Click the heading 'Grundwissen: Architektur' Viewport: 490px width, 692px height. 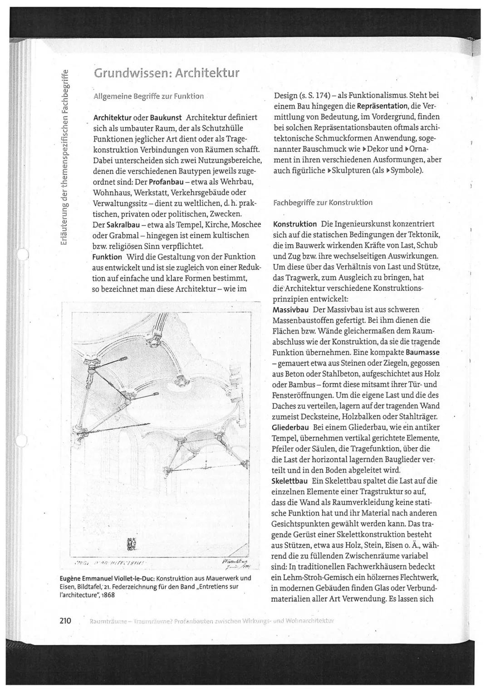(166, 73)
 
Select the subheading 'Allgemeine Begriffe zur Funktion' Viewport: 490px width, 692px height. (148, 96)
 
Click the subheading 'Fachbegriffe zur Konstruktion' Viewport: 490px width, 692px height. (323, 203)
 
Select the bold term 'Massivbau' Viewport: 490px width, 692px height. (290, 310)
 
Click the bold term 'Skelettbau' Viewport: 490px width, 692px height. (289, 481)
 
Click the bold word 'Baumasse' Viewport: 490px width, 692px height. (423, 352)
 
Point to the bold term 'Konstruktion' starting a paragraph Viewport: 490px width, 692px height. (295, 224)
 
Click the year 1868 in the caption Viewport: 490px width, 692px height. (107, 595)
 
